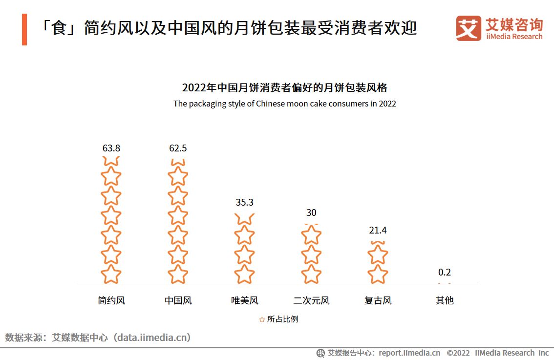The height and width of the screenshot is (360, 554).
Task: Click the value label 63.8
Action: coord(111,148)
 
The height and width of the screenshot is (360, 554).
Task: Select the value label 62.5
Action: coord(178,148)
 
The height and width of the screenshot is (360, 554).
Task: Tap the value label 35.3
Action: coord(244,202)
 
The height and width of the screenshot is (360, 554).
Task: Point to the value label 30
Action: coord(311,212)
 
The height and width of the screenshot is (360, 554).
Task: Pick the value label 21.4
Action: coord(378,230)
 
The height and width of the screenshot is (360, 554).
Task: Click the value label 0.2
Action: coord(445,272)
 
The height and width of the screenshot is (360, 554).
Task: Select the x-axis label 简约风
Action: coord(111,300)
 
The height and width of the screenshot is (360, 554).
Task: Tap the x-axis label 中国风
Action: coord(178,300)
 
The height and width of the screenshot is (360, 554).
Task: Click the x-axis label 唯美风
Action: coord(244,300)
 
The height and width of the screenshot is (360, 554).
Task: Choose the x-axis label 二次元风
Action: coord(311,300)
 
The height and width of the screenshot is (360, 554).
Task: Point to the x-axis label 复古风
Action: coord(378,300)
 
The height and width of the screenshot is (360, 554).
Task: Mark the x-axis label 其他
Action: coord(445,300)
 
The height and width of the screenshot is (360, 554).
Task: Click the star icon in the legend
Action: coord(262,319)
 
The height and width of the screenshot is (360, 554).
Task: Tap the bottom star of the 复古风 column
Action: coord(378,274)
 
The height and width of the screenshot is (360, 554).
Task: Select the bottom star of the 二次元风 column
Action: coord(311,274)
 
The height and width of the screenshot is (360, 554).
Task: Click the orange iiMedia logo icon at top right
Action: coord(469,28)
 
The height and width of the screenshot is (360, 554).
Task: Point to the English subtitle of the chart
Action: coord(284,104)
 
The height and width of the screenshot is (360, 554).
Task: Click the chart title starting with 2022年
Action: coord(284,88)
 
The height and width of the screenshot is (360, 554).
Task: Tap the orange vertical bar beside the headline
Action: coord(24,29)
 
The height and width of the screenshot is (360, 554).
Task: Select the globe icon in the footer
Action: coord(320,353)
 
